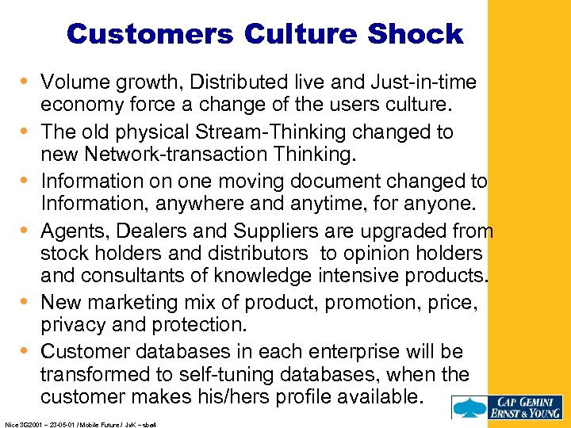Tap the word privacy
[72, 325]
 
